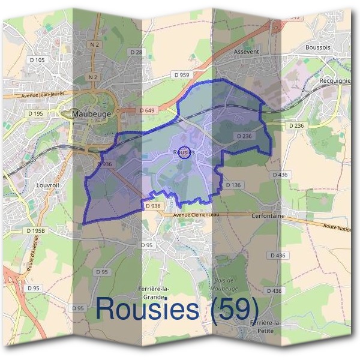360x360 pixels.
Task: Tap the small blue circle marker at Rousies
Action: point(185,152)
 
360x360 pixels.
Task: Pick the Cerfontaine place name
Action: point(268,215)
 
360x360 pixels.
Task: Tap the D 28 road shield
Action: point(137,53)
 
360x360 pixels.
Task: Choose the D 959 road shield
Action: point(181,74)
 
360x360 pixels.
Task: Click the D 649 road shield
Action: point(146,110)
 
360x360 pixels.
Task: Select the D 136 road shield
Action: point(233,185)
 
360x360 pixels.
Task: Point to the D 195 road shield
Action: point(34,113)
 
